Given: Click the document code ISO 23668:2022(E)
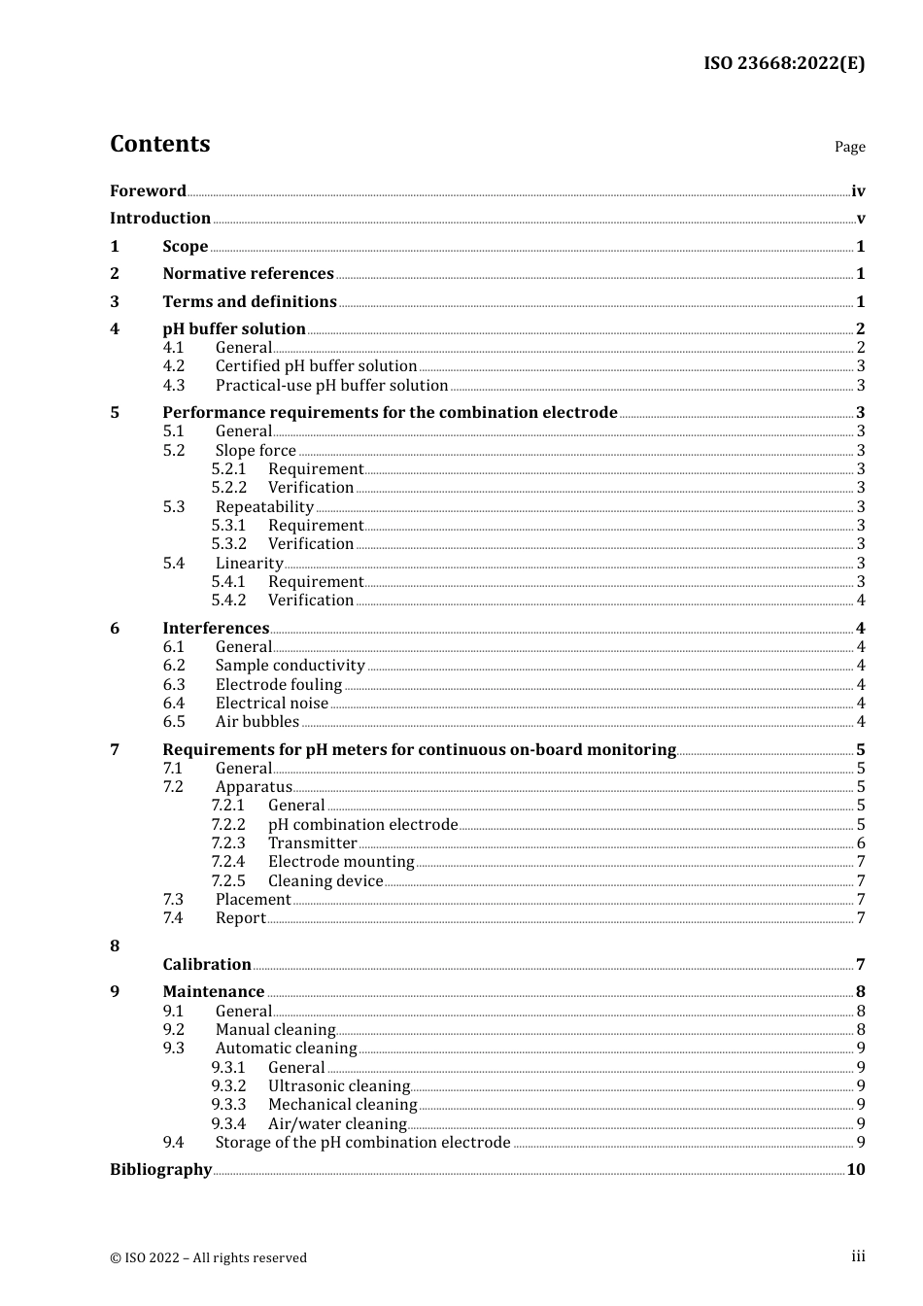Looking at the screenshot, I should point(784,63).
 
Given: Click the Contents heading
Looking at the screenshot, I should point(159,144).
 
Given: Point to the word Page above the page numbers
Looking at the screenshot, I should point(849,147).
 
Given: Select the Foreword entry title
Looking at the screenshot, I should point(148,190).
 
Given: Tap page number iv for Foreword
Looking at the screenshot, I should point(858,191).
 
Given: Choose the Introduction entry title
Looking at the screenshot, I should point(160,218).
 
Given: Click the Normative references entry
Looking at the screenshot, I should point(248,273).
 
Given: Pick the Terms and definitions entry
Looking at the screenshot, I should point(250,301).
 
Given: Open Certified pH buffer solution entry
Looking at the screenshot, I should point(316,366).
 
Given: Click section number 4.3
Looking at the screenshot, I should point(174,385).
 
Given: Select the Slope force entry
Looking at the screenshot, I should point(256,450).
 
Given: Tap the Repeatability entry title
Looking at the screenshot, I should point(264,506).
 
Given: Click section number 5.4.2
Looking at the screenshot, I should point(229,601).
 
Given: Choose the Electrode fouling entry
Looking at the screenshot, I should point(279,684).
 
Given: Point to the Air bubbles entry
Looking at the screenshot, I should point(256,721).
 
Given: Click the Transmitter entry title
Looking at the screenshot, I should point(312,843).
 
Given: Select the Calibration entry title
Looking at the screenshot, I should point(207,964).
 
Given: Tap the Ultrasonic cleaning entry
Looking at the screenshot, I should point(339,1085).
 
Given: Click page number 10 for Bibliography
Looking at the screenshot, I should point(855,1169).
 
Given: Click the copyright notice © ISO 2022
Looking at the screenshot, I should point(208,1257).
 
